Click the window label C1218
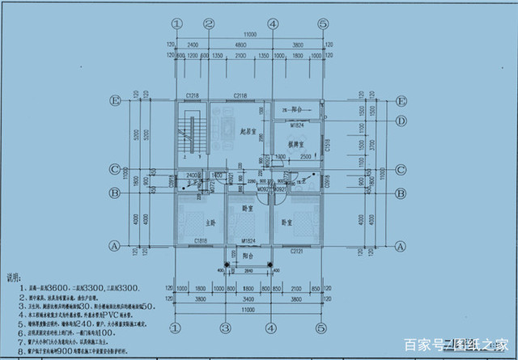[x=192, y=95]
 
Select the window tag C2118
[x=240, y=95]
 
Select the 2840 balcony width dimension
[x=248, y=272]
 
